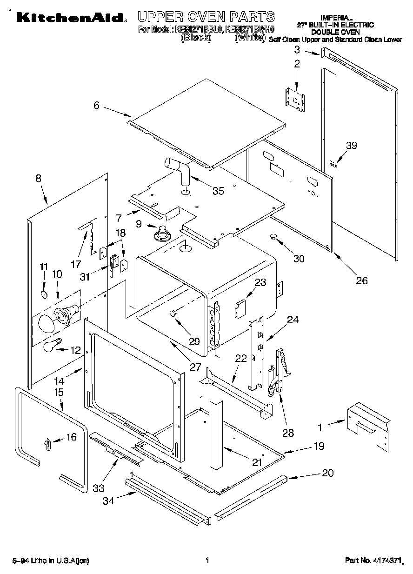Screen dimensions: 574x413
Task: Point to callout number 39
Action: click(x=352, y=146)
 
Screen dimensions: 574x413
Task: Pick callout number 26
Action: click(x=361, y=280)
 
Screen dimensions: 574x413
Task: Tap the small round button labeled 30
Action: click(x=273, y=238)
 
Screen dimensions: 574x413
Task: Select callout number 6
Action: click(x=96, y=105)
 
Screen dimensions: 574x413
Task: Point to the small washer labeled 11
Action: click(x=44, y=294)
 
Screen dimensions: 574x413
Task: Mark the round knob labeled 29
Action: click(x=173, y=314)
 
